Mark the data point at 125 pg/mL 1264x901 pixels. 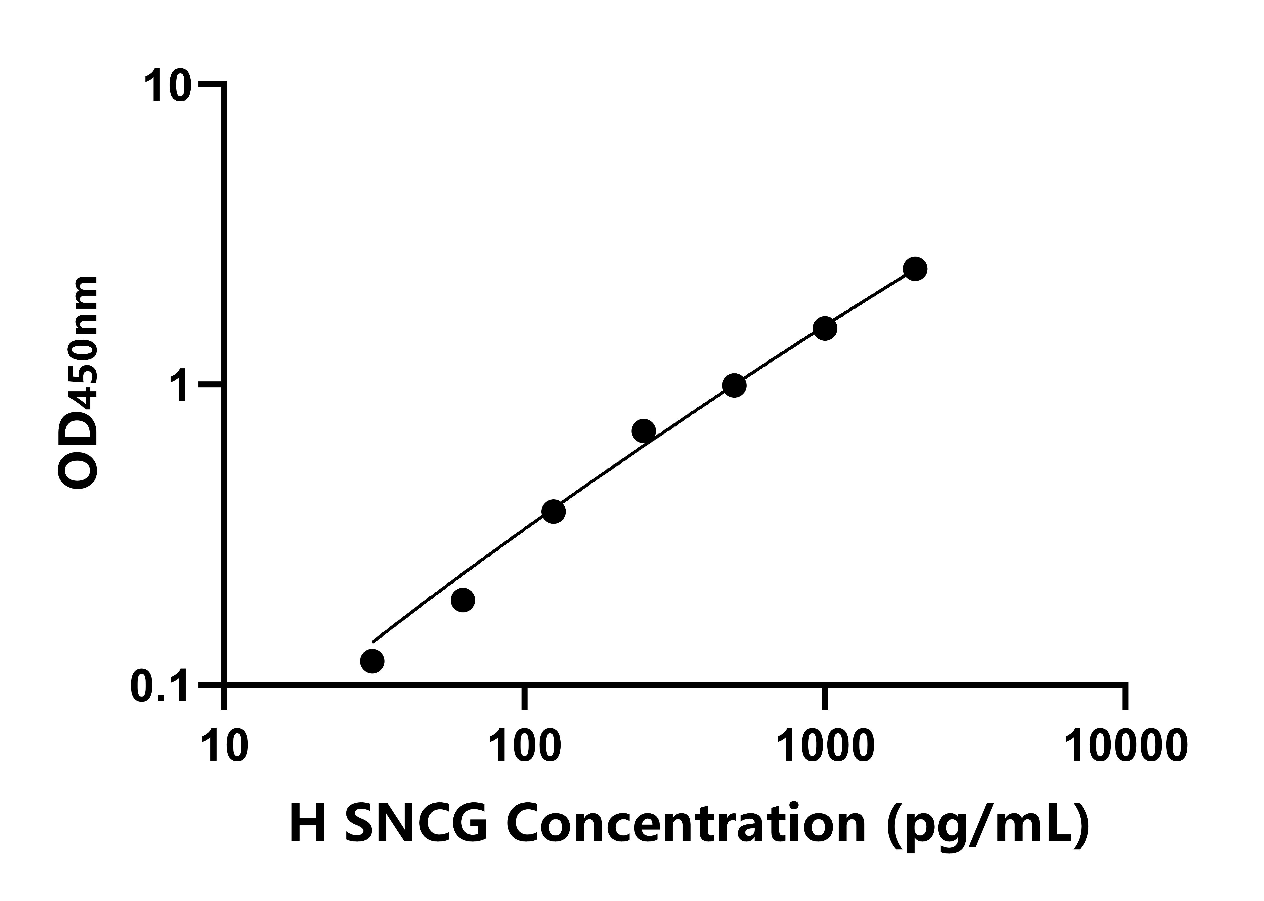click(553, 511)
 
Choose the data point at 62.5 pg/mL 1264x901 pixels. click(462, 600)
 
